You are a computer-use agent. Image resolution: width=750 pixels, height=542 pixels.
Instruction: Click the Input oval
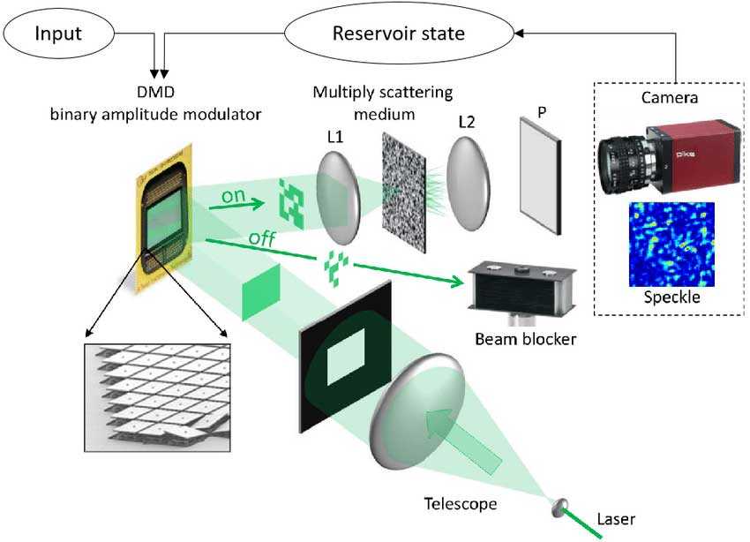[56, 34]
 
